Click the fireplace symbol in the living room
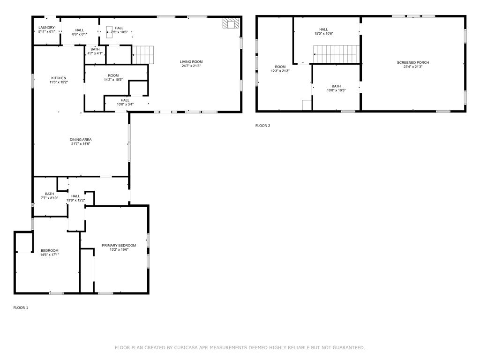pyautogui.click(x=231, y=23)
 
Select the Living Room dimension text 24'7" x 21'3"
pyautogui.click(x=191, y=66)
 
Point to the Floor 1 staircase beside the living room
pyautogui.click(x=142, y=55)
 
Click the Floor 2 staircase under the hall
pyautogui.click(x=336, y=54)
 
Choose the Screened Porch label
pyautogui.click(x=413, y=62)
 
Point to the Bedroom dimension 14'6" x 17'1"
pyautogui.click(x=50, y=255)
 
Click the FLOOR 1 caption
pyautogui.click(x=21, y=307)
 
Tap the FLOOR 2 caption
pyautogui.click(x=262, y=126)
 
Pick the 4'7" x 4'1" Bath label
pyautogui.click(x=95, y=51)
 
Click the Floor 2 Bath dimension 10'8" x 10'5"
pyautogui.click(x=336, y=90)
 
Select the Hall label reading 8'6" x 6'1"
pyautogui.click(x=80, y=32)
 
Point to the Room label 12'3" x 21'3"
pyautogui.click(x=280, y=68)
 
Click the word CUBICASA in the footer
pyautogui.click(x=186, y=347)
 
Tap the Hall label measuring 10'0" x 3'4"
pyautogui.click(x=125, y=102)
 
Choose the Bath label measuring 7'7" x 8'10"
pyautogui.click(x=49, y=196)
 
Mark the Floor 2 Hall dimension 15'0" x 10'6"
pyautogui.click(x=323, y=34)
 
